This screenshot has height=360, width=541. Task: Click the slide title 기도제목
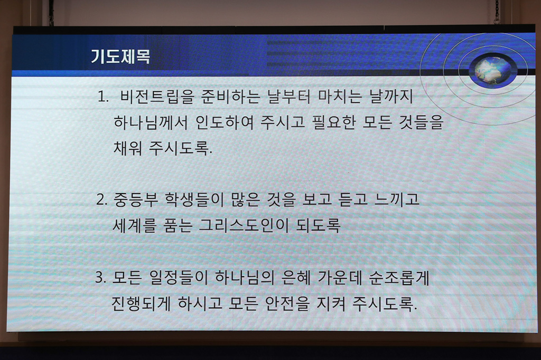pyautogui.click(x=120, y=56)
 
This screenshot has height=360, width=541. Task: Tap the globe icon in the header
pyautogui.click(x=493, y=71)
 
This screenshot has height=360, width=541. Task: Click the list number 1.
pyautogui.click(x=102, y=97)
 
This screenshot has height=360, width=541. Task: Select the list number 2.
pyautogui.click(x=102, y=200)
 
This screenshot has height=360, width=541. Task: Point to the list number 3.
pyautogui.click(x=100, y=278)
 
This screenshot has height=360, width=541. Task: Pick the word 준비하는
pyautogui.click(x=231, y=97)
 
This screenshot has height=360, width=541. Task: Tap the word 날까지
pyautogui.click(x=391, y=96)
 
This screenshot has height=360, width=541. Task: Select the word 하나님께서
pyautogui.click(x=151, y=122)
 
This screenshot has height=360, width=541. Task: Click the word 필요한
pyautogui.click(x=333, y=122)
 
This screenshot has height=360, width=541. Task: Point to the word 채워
pyautogui.click(x=128, y=148)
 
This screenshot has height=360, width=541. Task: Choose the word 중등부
pyautogui.click(x=135, y=200)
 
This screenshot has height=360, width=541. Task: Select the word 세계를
pyautogui.click(x=135, y=225)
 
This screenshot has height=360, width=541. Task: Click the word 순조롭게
pyautogui.click(x=399, y=278)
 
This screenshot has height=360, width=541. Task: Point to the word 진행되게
pyautogui.click(x=141, y=304)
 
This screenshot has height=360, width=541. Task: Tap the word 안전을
pyautogui.click(x=287, y=304)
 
